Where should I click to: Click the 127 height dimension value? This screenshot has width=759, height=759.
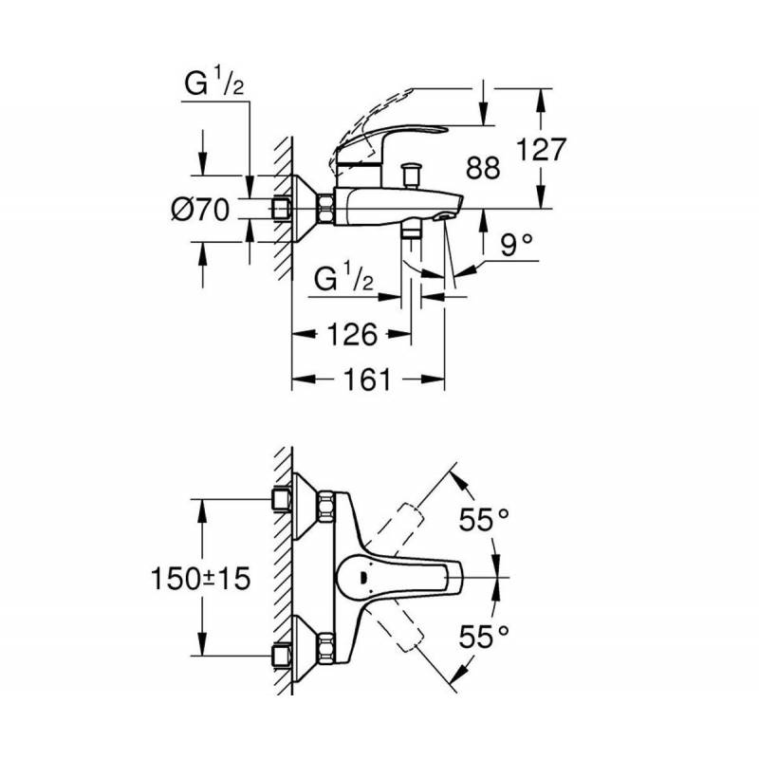coord(541,150)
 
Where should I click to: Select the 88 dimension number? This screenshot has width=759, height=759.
coord(483,168)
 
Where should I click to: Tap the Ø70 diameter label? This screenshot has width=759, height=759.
coord(200,210)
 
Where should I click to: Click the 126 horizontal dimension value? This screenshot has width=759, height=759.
coord(352,334)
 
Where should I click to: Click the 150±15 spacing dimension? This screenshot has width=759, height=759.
coord(200,578)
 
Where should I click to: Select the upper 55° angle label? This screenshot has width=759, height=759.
coord(484,520)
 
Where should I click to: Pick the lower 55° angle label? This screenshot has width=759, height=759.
coord(484,636)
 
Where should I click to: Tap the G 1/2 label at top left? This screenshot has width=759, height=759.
coord(214,82)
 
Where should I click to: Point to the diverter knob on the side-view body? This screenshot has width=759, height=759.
coord(411,176)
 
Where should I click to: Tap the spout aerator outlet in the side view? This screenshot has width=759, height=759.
coord(443,216)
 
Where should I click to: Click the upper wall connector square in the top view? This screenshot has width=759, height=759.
coord(281,499)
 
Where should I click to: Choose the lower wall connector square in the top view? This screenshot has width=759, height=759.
coord(281,656)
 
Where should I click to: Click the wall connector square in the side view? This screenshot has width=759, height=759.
coord(280,209)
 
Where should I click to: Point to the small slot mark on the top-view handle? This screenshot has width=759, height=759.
coord(362,577)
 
